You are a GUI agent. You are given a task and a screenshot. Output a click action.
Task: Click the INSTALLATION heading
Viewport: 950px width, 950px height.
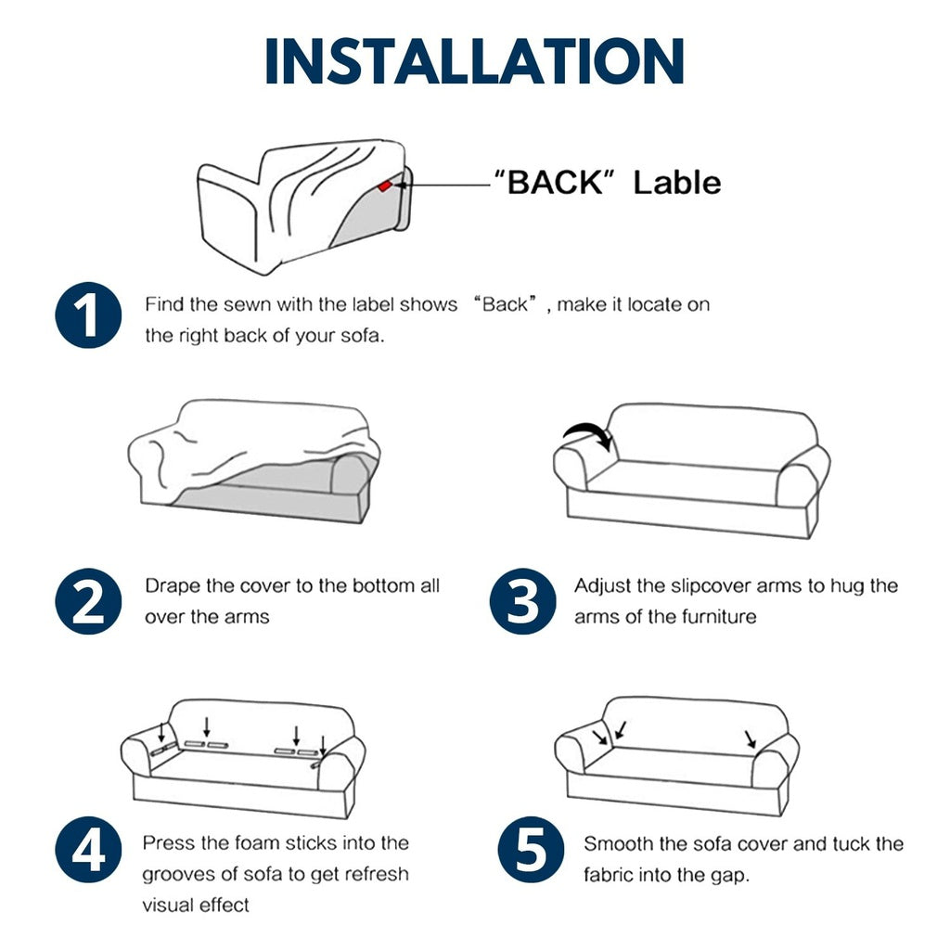pyautogui.click(x=474, y=60)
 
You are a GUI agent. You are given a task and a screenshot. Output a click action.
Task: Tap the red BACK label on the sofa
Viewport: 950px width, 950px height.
pyautogui.click(x=385, y=186)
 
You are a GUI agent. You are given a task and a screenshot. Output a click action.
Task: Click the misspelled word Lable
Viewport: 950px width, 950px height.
pyautogui.click(x=676, y=183)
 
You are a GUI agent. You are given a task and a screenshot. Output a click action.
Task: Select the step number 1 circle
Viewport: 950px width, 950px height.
pyautogui.click(x=88, y=315)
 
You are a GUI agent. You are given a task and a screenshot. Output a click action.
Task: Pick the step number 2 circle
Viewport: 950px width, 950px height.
pyautogui.click(x=88, y=601)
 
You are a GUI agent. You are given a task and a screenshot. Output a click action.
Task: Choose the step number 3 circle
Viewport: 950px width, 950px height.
pyautogui.click(x=523, y=601)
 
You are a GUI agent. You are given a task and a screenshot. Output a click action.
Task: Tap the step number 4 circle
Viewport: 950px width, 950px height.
pyautogui.click(x=88, y=850)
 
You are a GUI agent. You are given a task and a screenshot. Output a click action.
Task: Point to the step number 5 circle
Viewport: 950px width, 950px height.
pyautogui.click(x=531, y=850)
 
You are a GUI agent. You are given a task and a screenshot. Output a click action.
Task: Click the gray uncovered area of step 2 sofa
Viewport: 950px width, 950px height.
pyautogui.click(x=273, y=491)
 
